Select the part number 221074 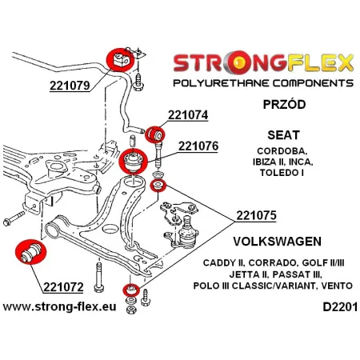pyautogui.click(x=188, y=114)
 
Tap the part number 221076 pyautogui.click(x=201, y=146)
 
